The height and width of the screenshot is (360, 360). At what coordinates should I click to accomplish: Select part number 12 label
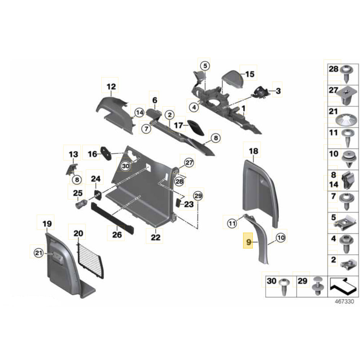(111, 86)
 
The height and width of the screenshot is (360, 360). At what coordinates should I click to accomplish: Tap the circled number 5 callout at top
(205, 66)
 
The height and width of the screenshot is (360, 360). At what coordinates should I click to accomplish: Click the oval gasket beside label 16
(107, 154)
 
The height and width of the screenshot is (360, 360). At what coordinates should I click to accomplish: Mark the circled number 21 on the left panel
(38, 253)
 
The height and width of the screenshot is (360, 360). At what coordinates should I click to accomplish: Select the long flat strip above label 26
(112, 218)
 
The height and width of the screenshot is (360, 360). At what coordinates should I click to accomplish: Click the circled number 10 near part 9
(280, 237)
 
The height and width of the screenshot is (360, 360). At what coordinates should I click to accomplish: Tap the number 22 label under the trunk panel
(155, 237)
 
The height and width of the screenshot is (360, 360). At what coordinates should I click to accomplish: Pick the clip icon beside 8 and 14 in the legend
(347, 180)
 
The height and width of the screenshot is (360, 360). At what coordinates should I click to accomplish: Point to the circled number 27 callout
(190, 163)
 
